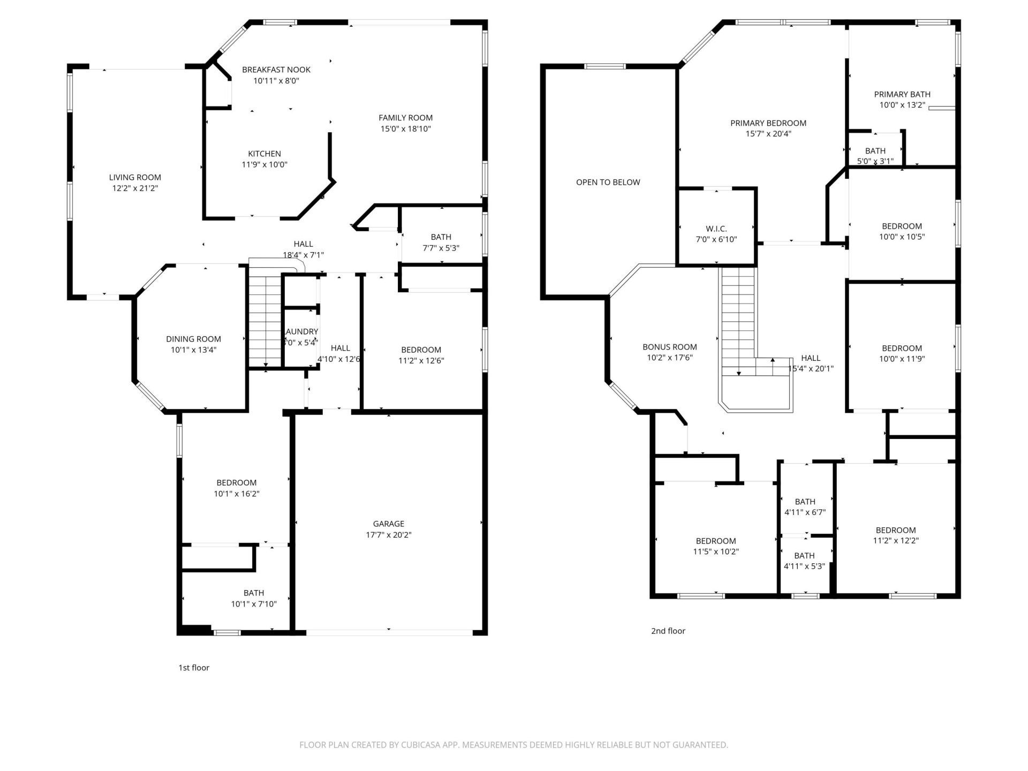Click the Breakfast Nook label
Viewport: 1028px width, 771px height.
coord(276,70)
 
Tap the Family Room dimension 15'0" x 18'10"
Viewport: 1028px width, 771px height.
coord(405,129)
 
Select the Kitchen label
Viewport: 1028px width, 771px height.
coord(264,154)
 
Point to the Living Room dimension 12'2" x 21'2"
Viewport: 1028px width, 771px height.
coord(135,188)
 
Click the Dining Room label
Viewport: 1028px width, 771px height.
coord(193,339)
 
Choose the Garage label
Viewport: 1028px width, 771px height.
coord(389,524)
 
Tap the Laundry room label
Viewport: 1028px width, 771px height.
coord(301,332)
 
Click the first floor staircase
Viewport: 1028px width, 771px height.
coord(265,321)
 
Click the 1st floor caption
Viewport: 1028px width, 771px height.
coord(194,668)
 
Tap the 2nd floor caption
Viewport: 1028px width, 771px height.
coord(668,631)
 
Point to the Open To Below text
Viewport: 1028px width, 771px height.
coord(608,182)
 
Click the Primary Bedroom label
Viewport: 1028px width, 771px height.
coord(768,123)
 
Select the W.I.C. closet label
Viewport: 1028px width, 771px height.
coord(716,229)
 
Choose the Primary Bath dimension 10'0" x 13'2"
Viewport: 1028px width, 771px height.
coord(902,105)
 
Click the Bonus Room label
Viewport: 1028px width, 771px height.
coord(669,347)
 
